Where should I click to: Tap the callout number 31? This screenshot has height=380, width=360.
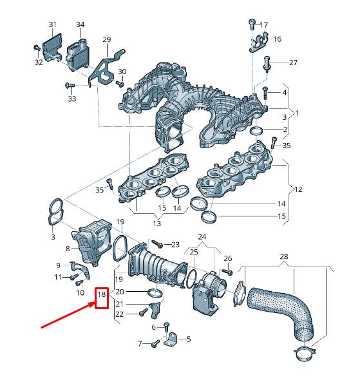(52, 24)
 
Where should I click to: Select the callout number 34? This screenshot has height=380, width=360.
(80, 24)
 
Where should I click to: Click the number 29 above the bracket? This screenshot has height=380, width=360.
(106, 40)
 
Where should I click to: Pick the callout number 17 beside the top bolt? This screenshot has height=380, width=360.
(263, 25)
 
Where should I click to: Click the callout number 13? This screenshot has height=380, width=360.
(156, 223)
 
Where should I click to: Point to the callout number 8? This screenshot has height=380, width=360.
(68, 247)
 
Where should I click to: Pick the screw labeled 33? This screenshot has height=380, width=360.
(69, 85)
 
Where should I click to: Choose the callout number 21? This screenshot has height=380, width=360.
(119, 303)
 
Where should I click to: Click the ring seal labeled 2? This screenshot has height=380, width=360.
(257, 132)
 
